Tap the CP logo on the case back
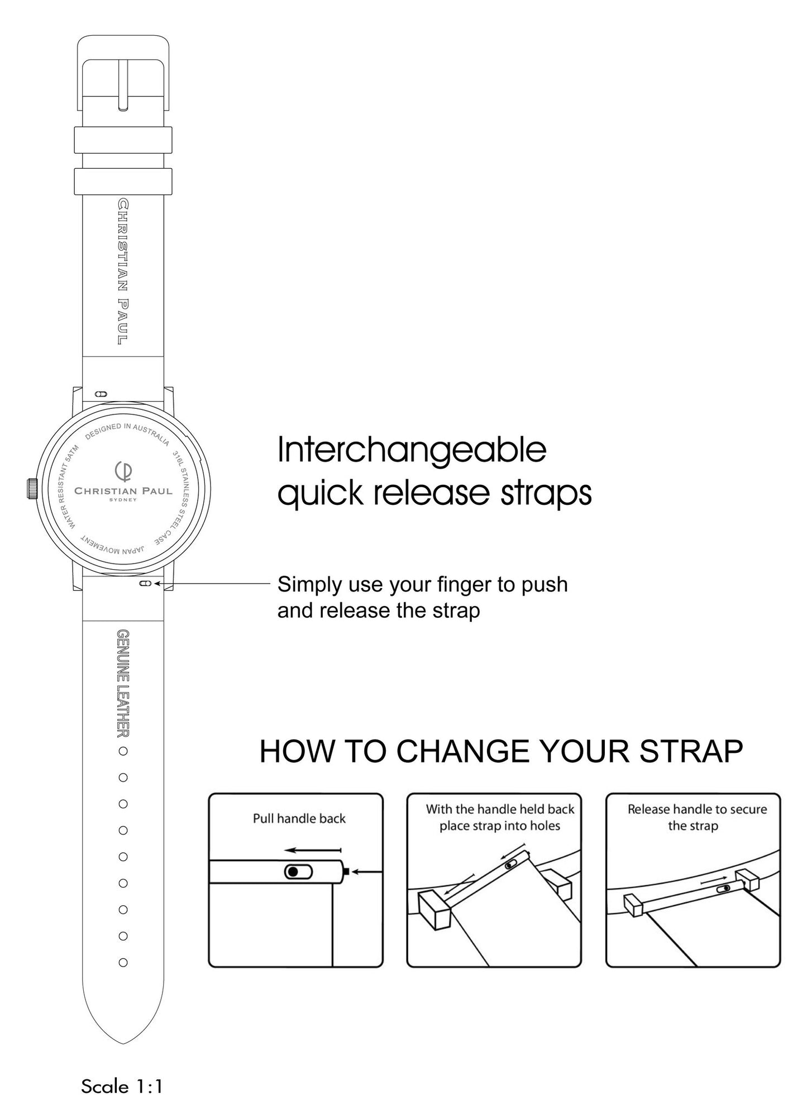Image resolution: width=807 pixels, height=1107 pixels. point(123,471)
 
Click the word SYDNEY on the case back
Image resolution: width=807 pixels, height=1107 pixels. point(123,500)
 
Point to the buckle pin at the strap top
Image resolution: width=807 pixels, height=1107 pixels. point(123,84)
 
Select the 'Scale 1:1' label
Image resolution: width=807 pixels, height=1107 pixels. point(122,1086)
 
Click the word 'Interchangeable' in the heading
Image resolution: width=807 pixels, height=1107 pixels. point(412,450)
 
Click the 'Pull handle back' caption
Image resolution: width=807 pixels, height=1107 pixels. point(299,818)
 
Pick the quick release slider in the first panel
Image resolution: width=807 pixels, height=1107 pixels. point(299,872)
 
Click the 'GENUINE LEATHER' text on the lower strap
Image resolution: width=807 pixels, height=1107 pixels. point(123,683)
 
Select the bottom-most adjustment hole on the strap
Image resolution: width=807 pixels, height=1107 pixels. point(123,963)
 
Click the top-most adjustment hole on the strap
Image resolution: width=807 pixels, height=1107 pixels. point(123,751)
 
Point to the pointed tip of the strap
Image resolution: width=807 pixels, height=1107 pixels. point(123,1043)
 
